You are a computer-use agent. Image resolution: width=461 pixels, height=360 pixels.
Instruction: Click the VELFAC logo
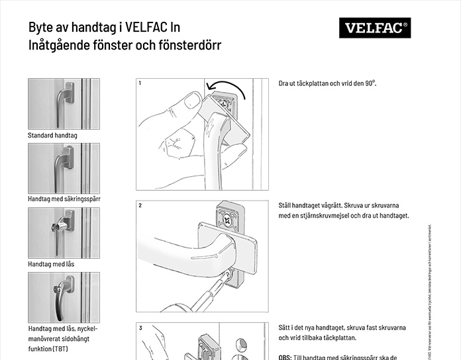[x=374, y=28]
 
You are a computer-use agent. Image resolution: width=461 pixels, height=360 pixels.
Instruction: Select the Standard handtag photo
[x=64, y=104]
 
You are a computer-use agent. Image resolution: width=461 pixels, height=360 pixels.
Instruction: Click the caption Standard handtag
[x=52, y=136]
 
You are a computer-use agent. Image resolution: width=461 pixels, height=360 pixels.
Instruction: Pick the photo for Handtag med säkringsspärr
[x=64, y=168]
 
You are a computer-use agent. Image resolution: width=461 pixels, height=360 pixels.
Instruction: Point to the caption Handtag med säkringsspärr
[x=68, y=199]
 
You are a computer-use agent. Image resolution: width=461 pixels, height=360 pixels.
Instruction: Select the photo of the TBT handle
[x=64, y=297]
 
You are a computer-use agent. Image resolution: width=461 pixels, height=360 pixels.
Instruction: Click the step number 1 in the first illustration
[x=140, y=83]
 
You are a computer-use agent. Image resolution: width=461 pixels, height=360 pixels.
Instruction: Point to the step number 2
[x=140, y=206]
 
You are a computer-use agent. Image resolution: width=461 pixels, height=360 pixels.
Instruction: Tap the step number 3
[x=140, y=328]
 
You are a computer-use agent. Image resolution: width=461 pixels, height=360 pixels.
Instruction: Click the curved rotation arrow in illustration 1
[x=225, y=86]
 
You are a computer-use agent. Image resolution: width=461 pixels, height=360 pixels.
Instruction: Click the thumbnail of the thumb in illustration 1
[x=192, y=101]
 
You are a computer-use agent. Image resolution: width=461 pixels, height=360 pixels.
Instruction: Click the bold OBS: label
[x=285, y=357]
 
